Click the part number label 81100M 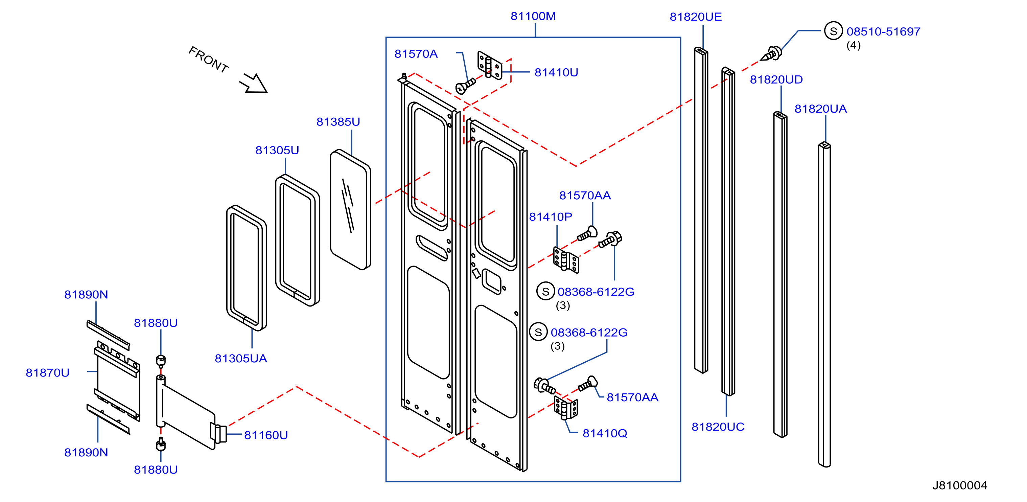pos(533,16)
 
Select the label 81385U pos(338,122)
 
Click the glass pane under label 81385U pos(350,210)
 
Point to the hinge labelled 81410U pos(490,65)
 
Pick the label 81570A pos(416,54)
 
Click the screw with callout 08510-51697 pos(771,54)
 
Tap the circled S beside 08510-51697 pos(833,31)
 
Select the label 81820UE pos(696,17)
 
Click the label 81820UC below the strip pos(718,427)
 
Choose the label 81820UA pos(820,109)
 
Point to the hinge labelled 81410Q pos(566,408)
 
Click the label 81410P pos(551,217)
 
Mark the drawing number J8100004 pos(960,486)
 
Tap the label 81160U pos(266,435)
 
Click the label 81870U pos(47,373)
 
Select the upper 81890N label pos(86,295)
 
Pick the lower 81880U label pos(156,470)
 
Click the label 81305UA pos(241,359)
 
